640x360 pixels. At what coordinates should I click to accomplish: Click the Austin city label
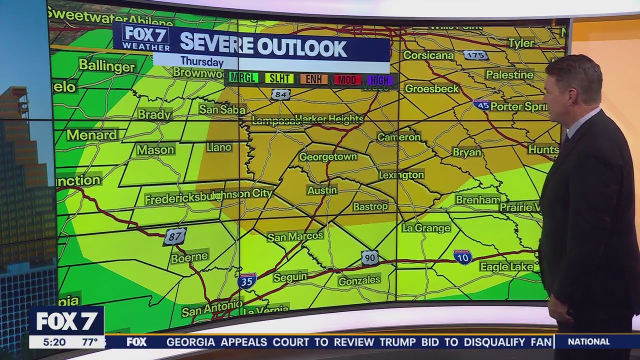pos(322,190)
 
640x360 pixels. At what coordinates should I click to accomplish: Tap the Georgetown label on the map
pos(328,156)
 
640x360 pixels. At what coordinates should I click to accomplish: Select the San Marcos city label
pos(295,236)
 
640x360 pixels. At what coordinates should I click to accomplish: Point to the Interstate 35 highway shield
pos(247,281)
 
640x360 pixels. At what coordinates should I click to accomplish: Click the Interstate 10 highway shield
pos(462,257)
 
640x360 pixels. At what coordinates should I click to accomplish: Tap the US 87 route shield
pos(174,236)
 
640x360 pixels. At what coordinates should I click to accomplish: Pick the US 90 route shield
pos(370,257)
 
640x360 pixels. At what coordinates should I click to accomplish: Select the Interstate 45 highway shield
pos(481,104)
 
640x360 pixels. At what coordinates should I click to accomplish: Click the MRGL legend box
pos(243,78)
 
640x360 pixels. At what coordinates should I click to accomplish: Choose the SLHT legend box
pos(279,78)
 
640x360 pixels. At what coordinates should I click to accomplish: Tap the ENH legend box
pos(314,79)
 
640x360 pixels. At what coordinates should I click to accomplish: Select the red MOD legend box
pos(347,79)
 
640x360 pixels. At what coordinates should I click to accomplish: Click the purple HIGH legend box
pos(380,80)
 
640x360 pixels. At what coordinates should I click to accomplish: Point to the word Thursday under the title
pos(201,61)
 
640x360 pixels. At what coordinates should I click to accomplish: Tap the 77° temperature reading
pos(90,342)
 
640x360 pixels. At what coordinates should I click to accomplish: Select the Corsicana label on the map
pos(428,55)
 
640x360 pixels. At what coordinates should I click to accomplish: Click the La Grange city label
pos(426,228)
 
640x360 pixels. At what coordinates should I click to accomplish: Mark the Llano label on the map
pos(219,147)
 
